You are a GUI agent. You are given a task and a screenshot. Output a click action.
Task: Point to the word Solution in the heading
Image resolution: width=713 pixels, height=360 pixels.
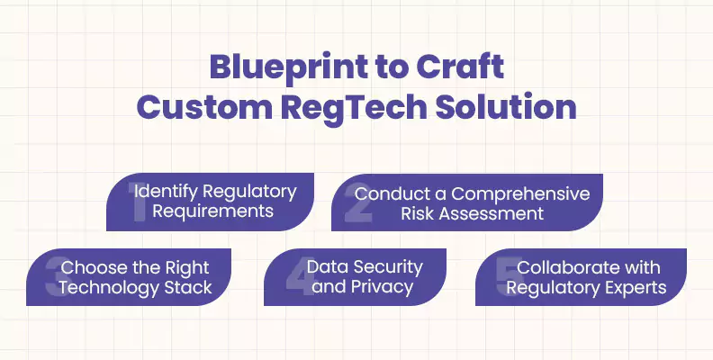point(509,107)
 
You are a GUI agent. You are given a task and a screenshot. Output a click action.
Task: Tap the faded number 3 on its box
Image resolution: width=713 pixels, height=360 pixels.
point(54,278)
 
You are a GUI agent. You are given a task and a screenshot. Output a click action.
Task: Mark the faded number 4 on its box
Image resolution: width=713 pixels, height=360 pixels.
point(294,278)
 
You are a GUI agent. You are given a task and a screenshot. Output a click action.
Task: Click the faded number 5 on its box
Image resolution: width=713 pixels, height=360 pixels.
point(506,278)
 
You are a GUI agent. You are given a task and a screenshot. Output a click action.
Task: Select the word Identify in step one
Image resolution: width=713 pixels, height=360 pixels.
point(164,193)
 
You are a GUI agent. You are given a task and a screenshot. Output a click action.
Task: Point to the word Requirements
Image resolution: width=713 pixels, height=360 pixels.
point(212,212)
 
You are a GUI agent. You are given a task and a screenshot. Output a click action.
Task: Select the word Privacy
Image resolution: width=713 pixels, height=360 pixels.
point(381,288)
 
